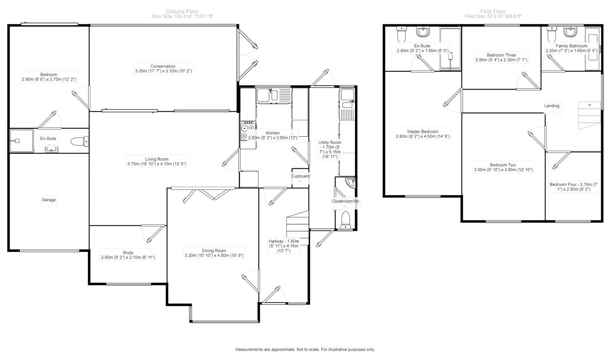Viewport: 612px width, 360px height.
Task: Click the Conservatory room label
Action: pos(163,66)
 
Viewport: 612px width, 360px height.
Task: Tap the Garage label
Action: pos(49,200)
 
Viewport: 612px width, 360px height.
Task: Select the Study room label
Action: pos(128,252)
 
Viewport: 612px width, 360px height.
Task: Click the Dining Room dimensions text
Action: pos(214,256)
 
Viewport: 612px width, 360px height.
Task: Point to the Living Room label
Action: pos(156,159)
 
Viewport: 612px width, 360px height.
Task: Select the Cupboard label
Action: pos(300,176)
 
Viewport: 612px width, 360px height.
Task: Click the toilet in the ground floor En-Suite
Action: pos(80,141)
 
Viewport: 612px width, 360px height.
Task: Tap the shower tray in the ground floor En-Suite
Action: pos(21,141)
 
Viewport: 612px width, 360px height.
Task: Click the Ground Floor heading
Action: pos(182,11)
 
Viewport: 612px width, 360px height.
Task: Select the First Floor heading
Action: pos(493,11)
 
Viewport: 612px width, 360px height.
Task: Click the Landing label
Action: pos(552,106)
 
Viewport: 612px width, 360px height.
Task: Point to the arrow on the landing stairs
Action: pos(589,105)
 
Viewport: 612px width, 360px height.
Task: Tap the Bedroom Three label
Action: pos(501,55)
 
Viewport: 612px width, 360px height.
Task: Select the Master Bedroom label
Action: pos(423,132)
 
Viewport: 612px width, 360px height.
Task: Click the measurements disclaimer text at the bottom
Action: pos(305,349)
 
